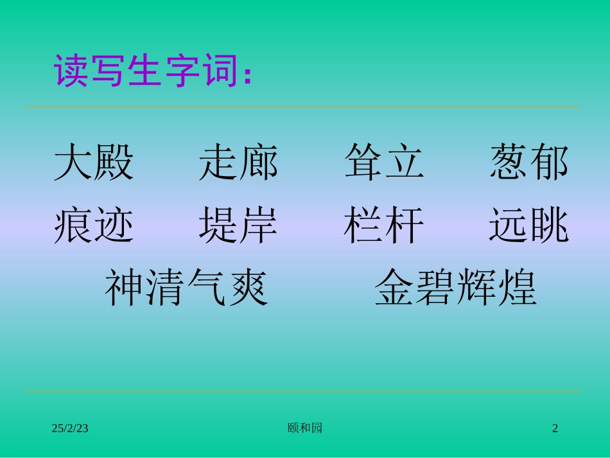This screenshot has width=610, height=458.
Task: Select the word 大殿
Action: click(94, 163)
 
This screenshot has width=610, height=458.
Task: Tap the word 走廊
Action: click(238, 163)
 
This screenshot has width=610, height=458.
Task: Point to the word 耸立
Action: click(384, 163)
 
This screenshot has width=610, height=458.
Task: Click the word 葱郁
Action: click(529, 163)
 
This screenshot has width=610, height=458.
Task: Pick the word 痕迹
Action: click(94, 225)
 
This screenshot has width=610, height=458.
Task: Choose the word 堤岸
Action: click(238, 225)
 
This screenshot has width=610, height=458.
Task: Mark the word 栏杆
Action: click(384, 225)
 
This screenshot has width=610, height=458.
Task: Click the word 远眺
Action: click(529, 225)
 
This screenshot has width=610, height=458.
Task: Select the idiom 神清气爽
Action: click(186, 288)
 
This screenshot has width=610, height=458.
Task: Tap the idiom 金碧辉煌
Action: click(456, 288)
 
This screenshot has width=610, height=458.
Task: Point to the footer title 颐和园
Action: click(305, 428)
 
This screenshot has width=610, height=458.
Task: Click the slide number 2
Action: click(555, 428)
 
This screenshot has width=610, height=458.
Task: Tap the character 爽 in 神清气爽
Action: click(247, 288)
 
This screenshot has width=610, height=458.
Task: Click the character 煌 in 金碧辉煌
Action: click(517, 288)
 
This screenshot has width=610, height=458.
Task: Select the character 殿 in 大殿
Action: click(114, 163)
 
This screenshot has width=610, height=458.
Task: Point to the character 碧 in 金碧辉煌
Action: click(435, 288)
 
